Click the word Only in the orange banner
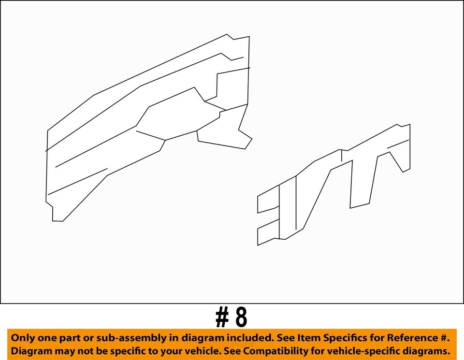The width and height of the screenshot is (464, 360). pos(23,337)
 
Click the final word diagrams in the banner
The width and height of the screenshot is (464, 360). pos(427,350)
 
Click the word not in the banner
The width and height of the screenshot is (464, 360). pos(84,350)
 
